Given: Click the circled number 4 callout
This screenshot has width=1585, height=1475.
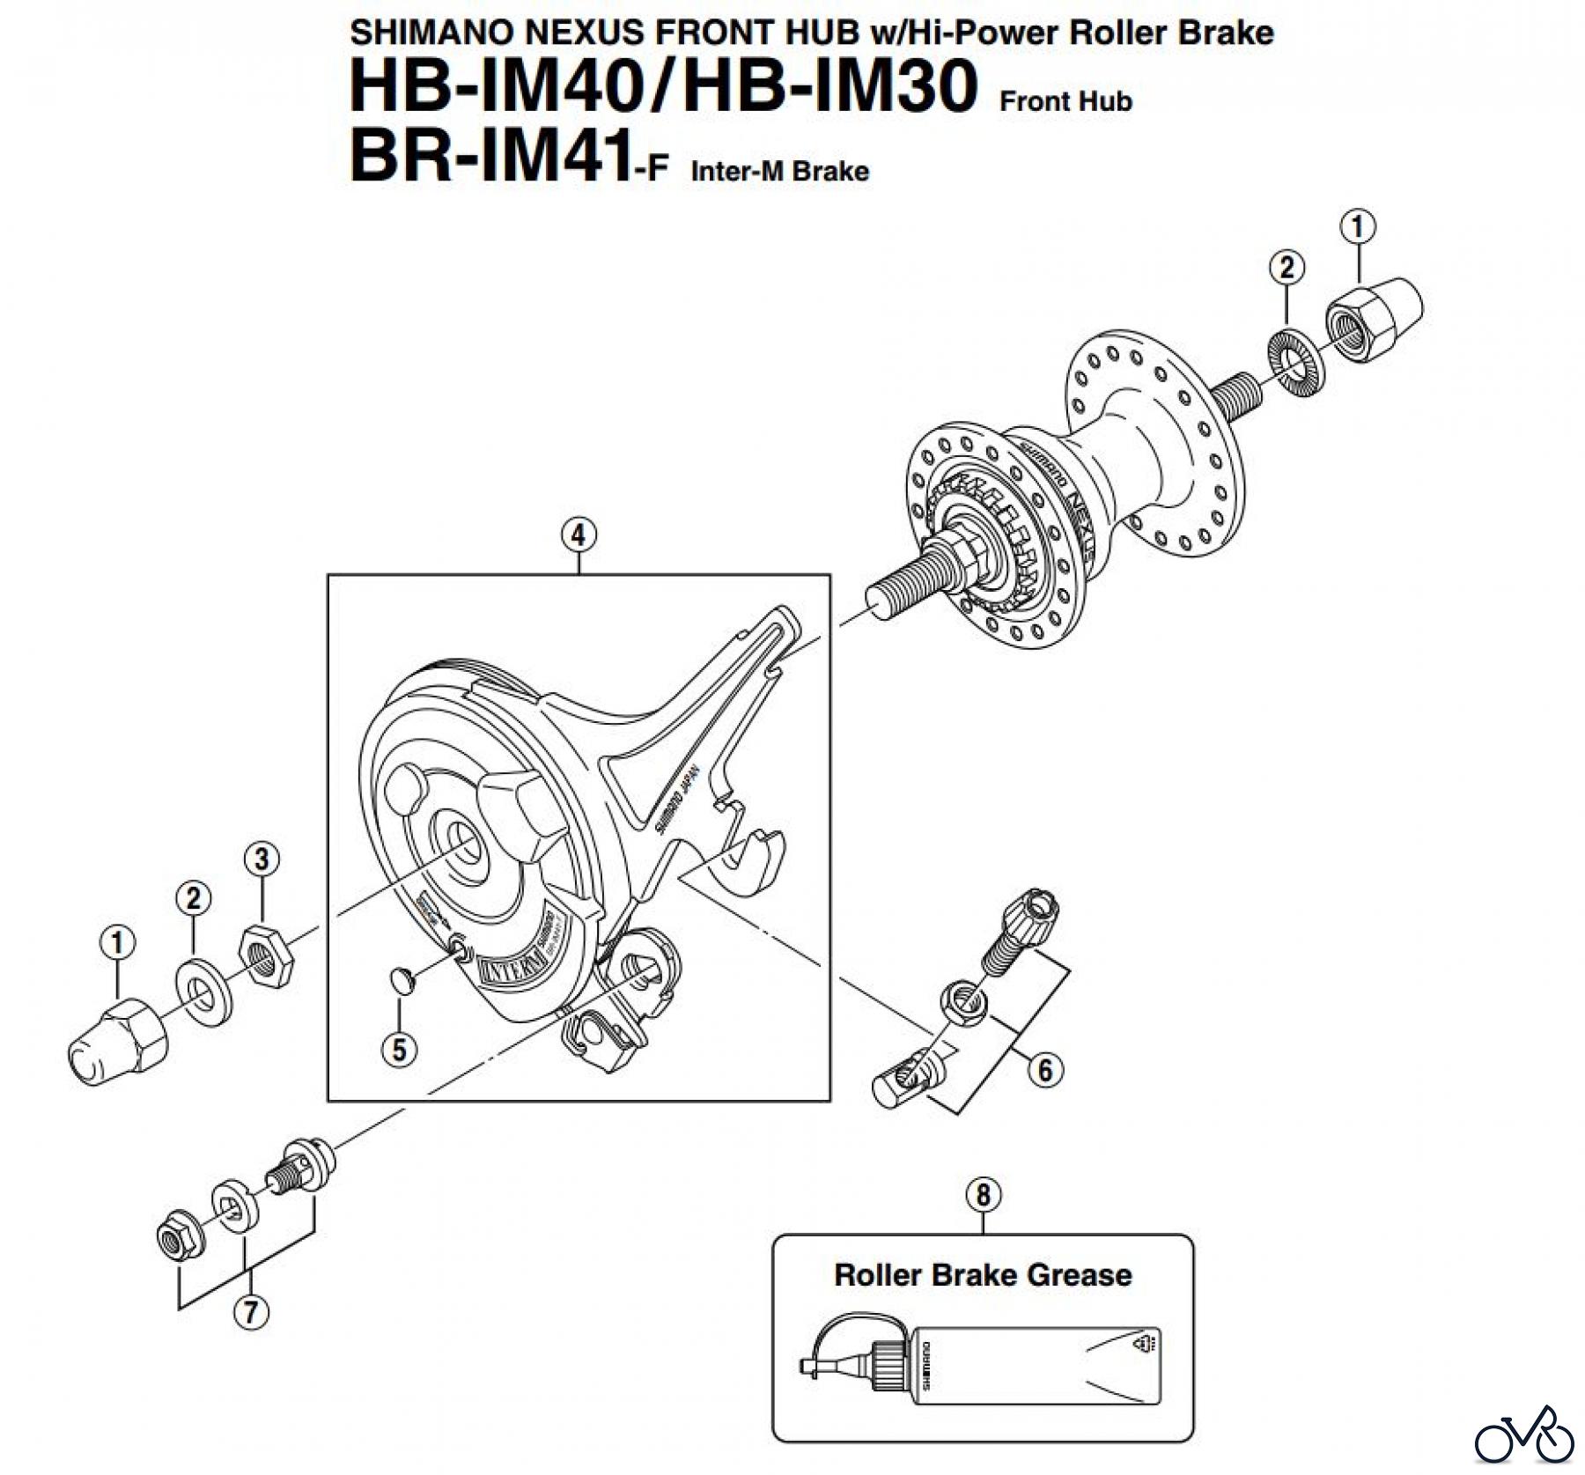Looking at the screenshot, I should coord(578,535).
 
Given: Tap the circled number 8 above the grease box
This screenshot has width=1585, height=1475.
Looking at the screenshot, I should coord(983,1195).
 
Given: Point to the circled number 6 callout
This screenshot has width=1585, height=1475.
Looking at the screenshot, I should coord(1045,1070).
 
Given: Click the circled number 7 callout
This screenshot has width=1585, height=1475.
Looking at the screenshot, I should coord(251,1312).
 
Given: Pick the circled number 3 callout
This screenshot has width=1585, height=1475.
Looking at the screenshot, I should coord(262,859).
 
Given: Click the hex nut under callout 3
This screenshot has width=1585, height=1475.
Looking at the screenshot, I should coord(265,955).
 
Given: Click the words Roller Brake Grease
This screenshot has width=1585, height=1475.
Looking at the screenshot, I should coord(983,1275).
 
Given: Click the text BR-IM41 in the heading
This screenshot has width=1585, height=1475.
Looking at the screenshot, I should coord(490,156).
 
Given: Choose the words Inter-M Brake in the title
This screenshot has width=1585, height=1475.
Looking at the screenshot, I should coord(779,171).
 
